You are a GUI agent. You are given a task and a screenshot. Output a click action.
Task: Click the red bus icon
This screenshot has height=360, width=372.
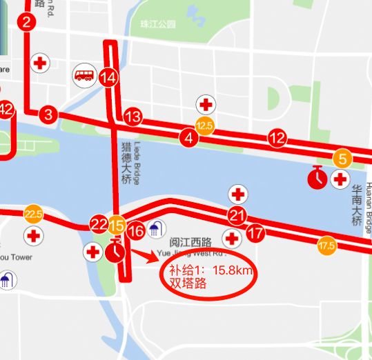click(85, 74)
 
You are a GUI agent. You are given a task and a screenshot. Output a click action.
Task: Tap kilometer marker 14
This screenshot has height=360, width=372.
click(108, 78)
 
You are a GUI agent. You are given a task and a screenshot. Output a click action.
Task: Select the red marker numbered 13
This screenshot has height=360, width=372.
click(133, 117)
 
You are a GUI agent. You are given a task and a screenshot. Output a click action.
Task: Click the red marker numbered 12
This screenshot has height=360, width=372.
click(277, 138)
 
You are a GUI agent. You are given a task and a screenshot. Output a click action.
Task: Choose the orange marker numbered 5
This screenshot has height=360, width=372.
click(342, 158)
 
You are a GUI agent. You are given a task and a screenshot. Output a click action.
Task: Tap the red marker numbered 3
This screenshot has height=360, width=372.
click(48, 114)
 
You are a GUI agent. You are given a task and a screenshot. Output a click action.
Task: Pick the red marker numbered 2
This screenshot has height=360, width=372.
click(27, 22)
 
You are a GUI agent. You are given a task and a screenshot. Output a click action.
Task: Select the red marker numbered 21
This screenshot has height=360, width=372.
click(237, 215)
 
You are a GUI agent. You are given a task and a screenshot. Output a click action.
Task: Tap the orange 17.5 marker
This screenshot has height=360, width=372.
click(326, 245)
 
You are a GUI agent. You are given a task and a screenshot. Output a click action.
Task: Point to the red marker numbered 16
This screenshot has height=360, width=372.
click(137, 231)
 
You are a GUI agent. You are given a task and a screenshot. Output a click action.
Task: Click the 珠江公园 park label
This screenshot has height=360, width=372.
click(157, 24)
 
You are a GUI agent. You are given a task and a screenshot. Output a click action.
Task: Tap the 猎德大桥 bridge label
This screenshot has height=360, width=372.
click(126, 163)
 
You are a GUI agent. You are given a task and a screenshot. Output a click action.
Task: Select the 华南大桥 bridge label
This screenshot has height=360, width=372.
click(357, 205)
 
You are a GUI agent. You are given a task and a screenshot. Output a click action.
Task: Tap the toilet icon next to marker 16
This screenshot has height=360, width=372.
click(157, 228)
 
